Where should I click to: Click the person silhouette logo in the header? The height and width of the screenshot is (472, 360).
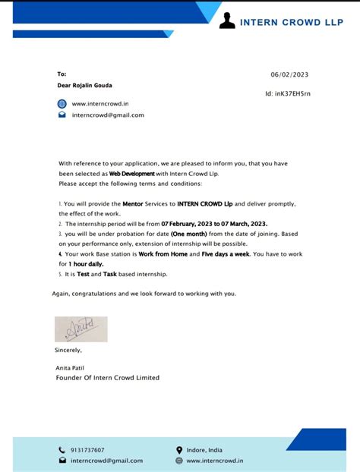(226, 20)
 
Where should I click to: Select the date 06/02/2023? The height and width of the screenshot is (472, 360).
(289, 74)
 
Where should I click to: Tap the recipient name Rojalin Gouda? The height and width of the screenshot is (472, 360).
(82, 86)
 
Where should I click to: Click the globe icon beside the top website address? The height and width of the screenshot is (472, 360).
(62, 103)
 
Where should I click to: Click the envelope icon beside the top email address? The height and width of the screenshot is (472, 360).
(62, 115)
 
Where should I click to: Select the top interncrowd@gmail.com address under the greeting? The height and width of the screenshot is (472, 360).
(108, 115)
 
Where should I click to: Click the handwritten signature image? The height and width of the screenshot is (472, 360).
(81, 329)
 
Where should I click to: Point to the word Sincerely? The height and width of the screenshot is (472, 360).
(68, 350)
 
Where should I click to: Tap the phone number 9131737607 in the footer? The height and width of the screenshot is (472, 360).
(87, 450)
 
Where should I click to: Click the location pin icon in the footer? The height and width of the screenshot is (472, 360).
(179, 450)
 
